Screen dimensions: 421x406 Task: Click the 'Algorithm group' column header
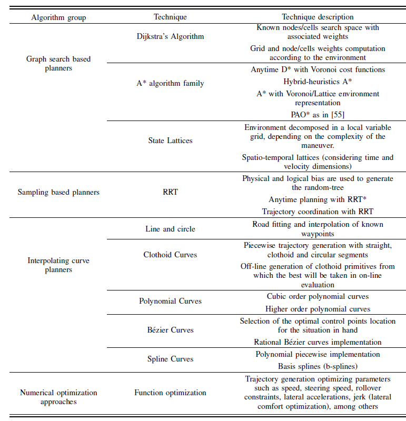58,17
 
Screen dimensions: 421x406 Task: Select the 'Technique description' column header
318,17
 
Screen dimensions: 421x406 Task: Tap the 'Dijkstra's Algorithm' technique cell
170,37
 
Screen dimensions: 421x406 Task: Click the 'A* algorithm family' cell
170,83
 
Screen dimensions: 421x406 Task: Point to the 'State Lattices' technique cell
170,141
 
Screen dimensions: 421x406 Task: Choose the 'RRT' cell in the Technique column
170,192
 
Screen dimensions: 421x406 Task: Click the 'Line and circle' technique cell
170,229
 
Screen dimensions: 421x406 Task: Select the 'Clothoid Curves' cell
170,255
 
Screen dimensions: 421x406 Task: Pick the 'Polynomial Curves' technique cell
170,302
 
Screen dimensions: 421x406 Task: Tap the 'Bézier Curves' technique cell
170,330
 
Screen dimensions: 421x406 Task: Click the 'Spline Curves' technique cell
170,359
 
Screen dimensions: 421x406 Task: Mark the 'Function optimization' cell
170,393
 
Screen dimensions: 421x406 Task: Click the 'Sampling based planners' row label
58,192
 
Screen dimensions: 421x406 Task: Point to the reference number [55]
338,114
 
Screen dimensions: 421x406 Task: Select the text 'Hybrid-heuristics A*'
318,82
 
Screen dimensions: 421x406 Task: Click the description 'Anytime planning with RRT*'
318,200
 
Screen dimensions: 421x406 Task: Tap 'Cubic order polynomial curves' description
318,296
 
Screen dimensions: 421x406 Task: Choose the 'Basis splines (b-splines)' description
318,366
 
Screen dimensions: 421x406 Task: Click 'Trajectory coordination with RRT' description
318,212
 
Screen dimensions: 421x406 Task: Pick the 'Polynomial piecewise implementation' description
318,354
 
